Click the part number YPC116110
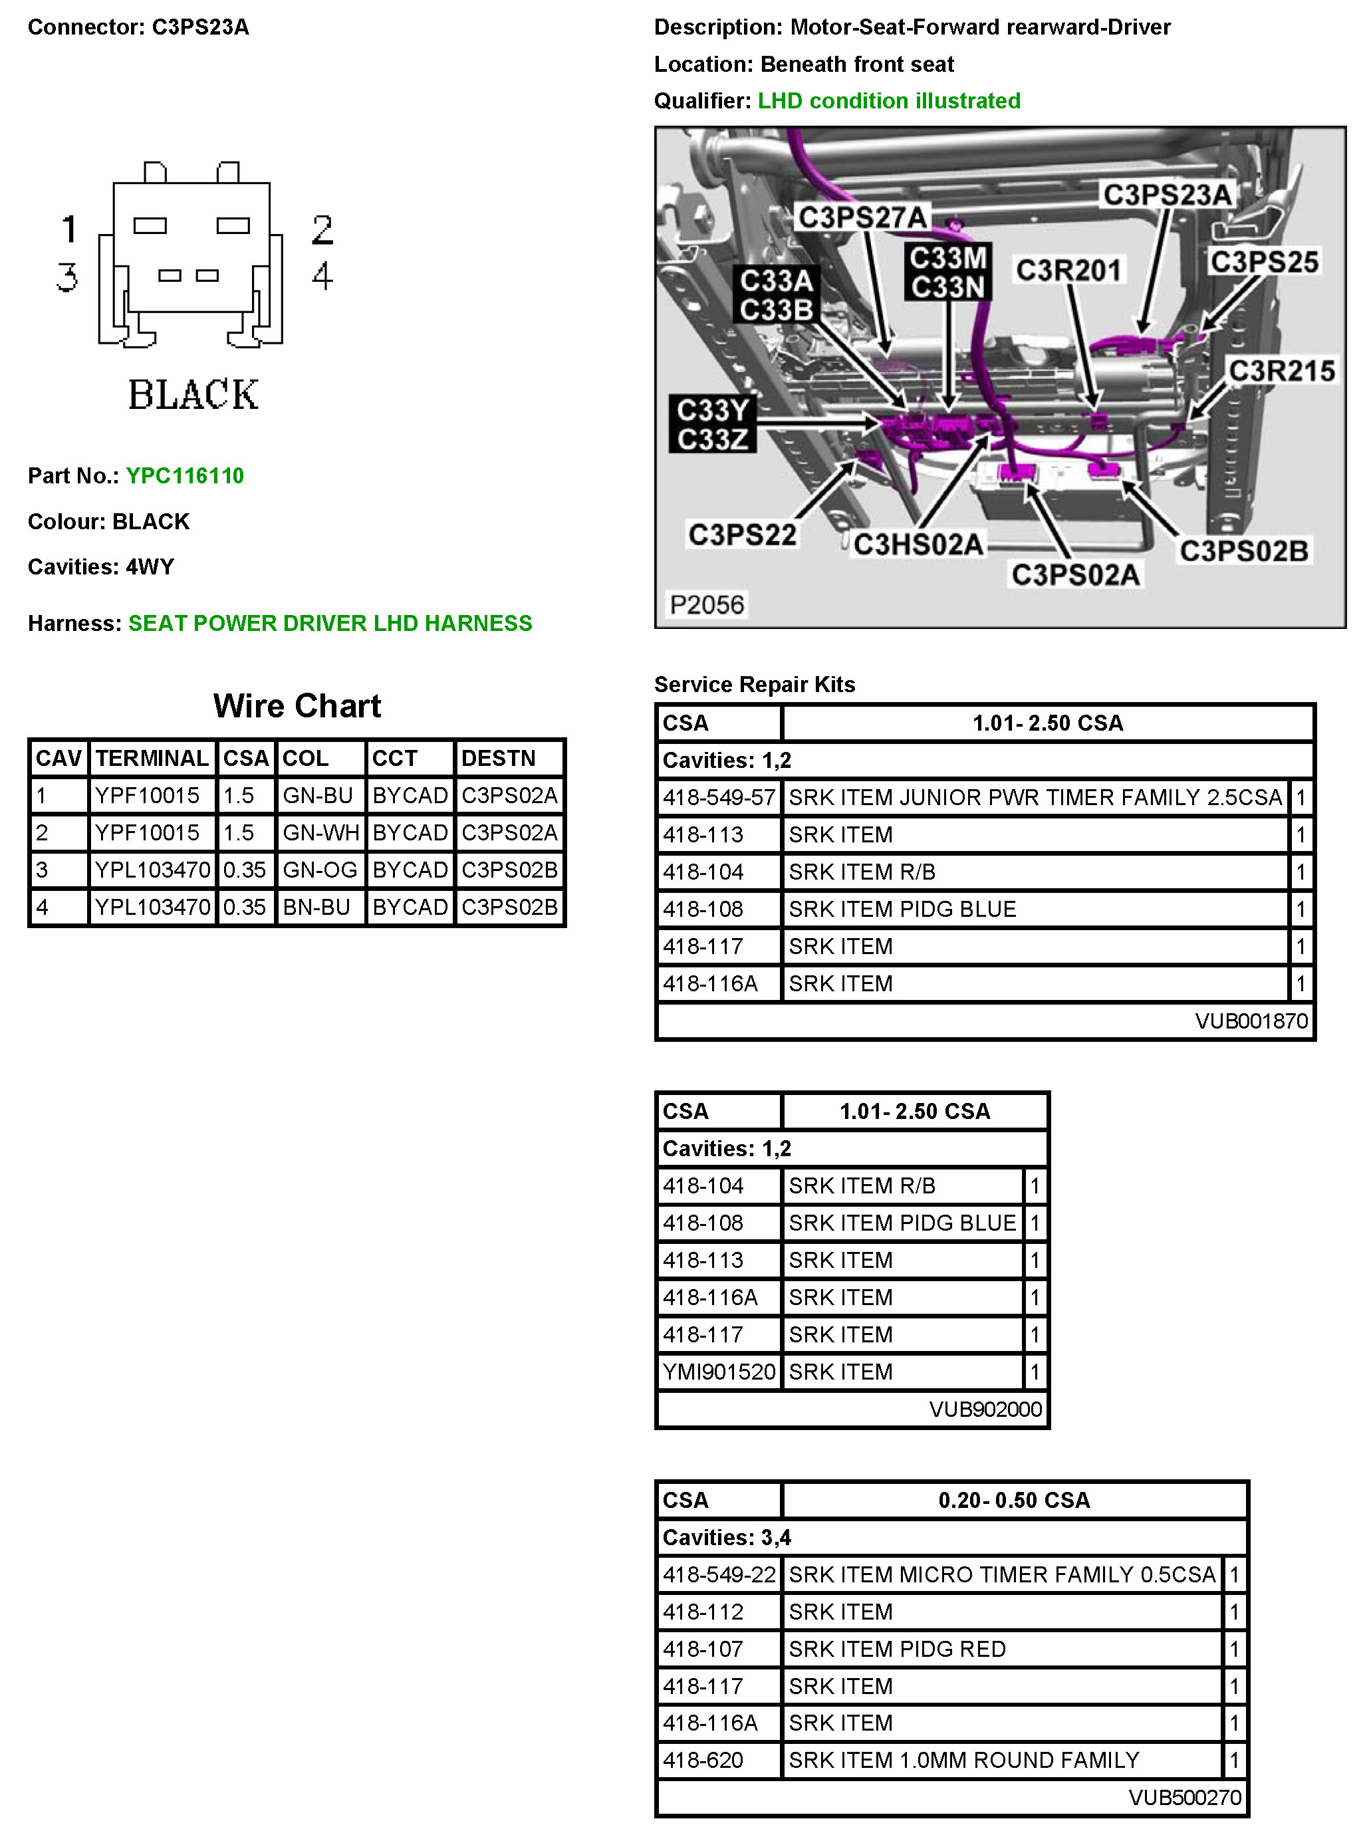pyautogui.click(x=185, y=476)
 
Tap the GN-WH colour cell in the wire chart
pyautogui.click(x=320, y=832)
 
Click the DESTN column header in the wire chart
pyautogui.click(x=498, y=758)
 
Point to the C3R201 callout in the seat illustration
pyautogui.click(x=1068, y=271)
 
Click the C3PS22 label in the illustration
pyautogui.click(x=742, y=535)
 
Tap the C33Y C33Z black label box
pyautogui.click(x=713, y=424)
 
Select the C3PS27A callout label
pyautogui.click(x=862, y=217)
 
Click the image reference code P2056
pyautogui.click(x=707, y=605)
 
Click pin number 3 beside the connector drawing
pyautogui.click(x=68, y=277)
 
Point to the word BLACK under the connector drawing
pyautogui.click(x=193, y=395)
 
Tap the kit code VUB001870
pyautogui.click(x=1251, y=1021)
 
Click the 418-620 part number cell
pyautogui.click(x=703, y=1760)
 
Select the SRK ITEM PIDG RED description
pyautogui.click(x=897, y=1649)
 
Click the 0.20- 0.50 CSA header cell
pyautogui.click(x=1014, y=1500)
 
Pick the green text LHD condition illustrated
pyautogui.click(x=889, y=101)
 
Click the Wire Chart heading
pyautogui.click(x=297, y=705)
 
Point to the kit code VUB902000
pyautogui.click(x=985, y=1409)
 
